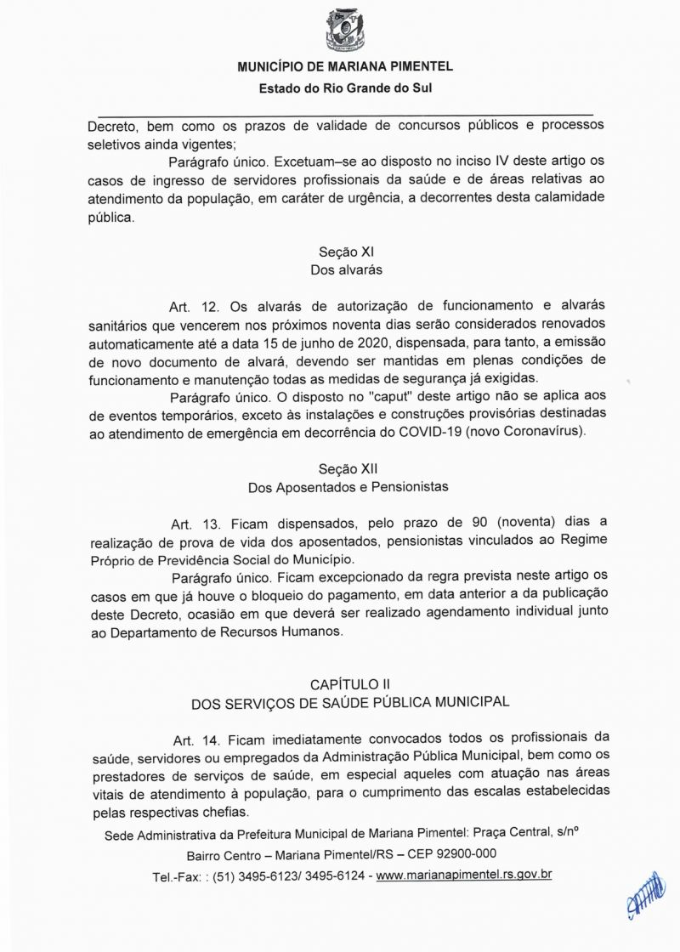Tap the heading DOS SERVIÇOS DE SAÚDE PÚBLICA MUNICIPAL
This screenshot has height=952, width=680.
click(x=350, y=702)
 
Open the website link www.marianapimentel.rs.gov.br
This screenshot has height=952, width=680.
click(x=464, y=875)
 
